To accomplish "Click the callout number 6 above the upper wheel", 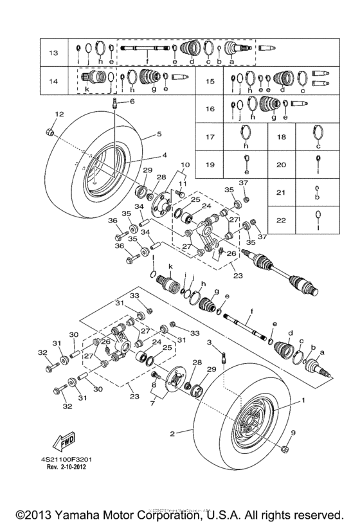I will (132, 101).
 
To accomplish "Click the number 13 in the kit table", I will (53, 51).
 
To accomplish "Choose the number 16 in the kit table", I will (210, 109).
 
